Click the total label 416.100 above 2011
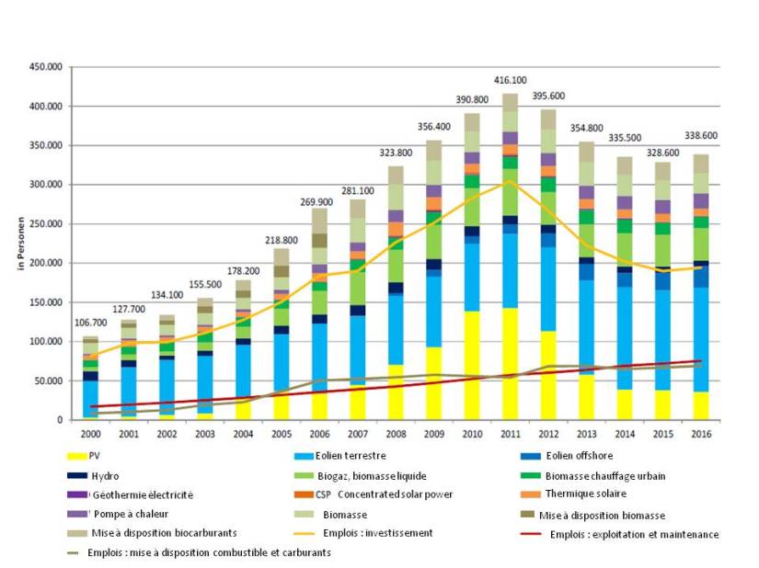click(510, 81)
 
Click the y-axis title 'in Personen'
click(18, 244)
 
